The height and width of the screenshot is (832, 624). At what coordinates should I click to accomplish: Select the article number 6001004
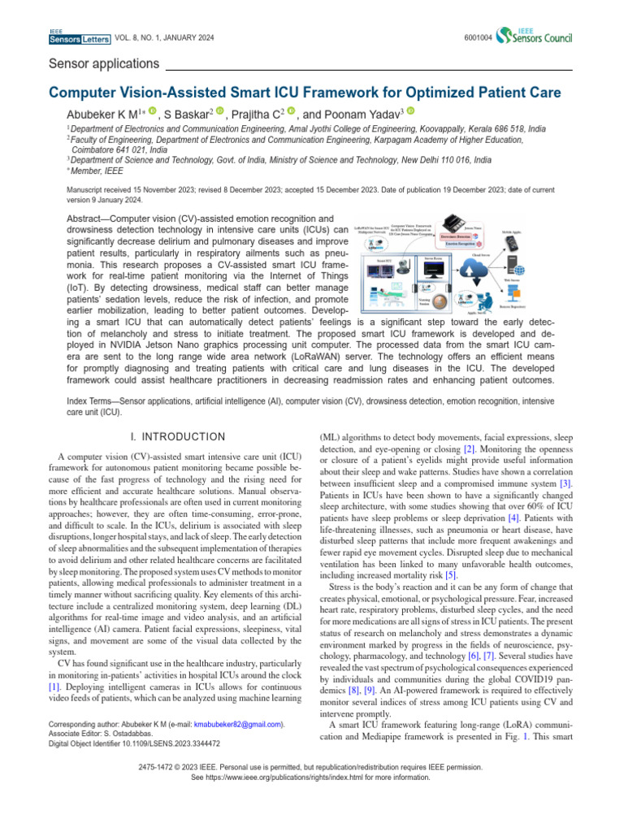coord(478,37)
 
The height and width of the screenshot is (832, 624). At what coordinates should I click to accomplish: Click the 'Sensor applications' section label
coord(103,63)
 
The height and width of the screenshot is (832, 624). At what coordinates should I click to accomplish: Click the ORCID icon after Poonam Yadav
coord(410,111)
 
